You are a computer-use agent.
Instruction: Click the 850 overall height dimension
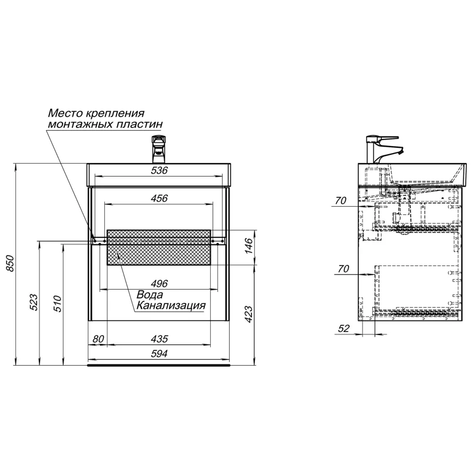click(x=11, y=263)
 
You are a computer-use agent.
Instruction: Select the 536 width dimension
click(x=159, y=170)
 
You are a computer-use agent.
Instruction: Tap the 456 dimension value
click(x=159, y=198)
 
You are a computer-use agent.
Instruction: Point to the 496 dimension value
click(x=159, y=284)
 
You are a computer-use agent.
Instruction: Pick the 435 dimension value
click(x=159, y=339)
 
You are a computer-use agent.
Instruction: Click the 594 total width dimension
click(x=159, y=354)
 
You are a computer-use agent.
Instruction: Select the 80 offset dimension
click(x=98, y=339)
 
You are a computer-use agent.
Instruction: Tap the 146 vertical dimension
click(x=249, y=246)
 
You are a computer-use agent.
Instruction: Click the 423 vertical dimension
click(x=249, y=314)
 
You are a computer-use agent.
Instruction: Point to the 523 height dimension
click(x=34, y=302)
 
